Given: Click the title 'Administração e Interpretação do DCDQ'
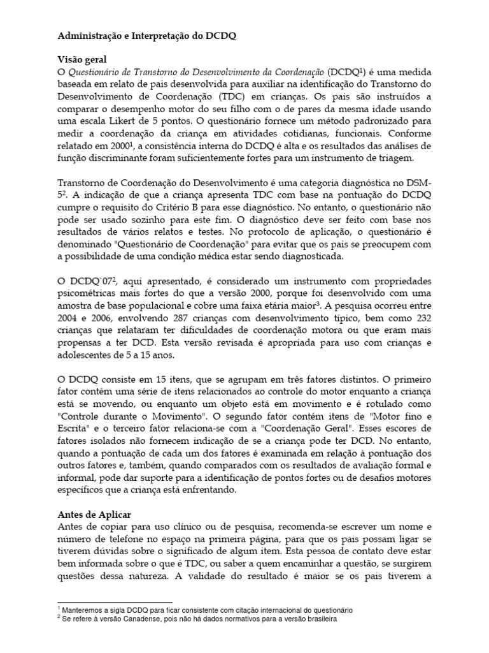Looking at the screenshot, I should coord(146,36).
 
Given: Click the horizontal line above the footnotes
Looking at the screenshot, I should coord(115,602).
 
